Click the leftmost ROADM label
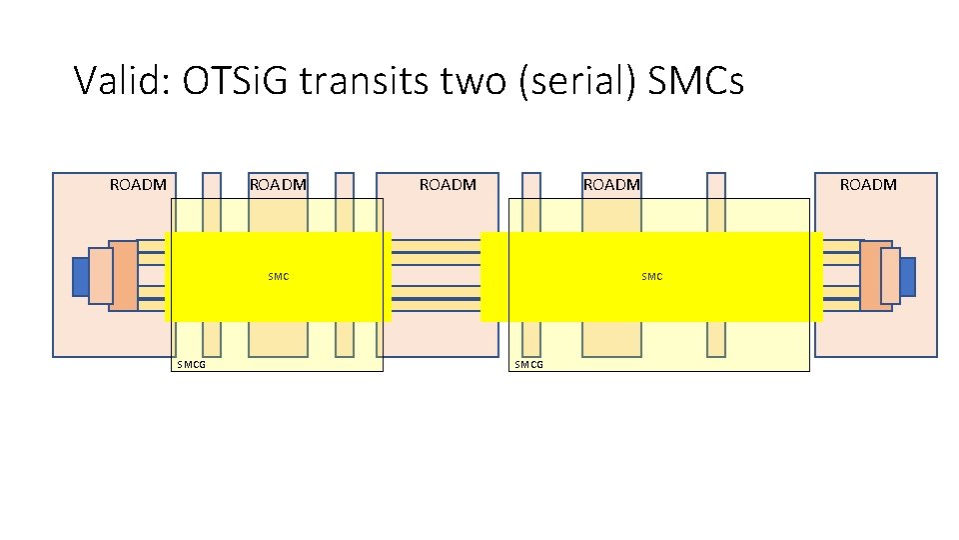(x=138, y=185)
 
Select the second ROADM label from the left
(x=278, y=185)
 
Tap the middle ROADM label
(x=448, y=185)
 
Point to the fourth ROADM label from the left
(x=611, y=185)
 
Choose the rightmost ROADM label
(x=868, y=185)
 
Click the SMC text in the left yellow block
(x=279, y=276)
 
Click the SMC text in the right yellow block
(x=651, y=276)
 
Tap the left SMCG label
(x=192, y=365)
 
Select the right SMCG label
(x=528, y=365)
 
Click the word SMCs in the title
(x=695, y=81)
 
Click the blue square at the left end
(x=80, y=277)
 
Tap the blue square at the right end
(x=907, y=277)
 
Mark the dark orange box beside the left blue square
(x=125, y=276)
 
